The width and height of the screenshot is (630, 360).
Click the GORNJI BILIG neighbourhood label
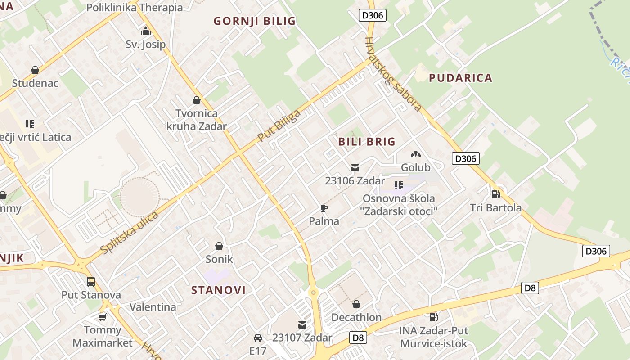pos(254,21)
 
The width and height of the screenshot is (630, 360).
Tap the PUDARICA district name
pos(460,78)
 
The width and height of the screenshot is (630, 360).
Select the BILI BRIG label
pos(367,142)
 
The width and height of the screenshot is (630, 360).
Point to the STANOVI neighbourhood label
pos(219,290)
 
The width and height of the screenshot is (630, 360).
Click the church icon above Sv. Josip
pos(145,31)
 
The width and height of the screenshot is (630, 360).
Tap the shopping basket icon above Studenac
pos(35,70)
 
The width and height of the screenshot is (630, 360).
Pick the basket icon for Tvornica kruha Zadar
pos(196,100)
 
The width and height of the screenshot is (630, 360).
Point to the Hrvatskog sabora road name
pos(393,74)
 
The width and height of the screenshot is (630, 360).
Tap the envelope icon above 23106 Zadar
pos(355,168)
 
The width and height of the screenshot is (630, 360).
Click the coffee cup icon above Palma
pos(324,208)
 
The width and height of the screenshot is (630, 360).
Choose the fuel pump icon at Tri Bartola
pos(495,194)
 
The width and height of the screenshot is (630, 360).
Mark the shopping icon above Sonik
pos(219,246)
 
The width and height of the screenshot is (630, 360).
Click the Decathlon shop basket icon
pos(356,304)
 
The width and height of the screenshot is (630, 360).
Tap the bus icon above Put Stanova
pos(91,282)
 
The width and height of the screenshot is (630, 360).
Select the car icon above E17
pos(258,338)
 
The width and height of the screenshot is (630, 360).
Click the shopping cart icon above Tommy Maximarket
pos(103,317)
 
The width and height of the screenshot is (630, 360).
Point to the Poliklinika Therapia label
pos(134,8)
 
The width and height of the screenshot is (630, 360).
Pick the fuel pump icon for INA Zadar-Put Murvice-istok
pos(433,317)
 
